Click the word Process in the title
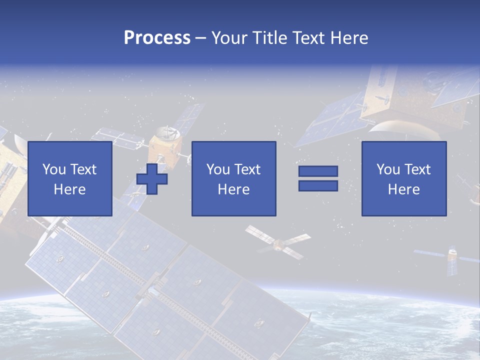(x=157, y=38)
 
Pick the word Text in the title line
(x=306, y=38)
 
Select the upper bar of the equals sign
(x=318, y=171)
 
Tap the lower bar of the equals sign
(x=318, y=185)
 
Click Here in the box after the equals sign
(x=403, y=189)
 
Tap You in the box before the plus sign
(x=54, y=169)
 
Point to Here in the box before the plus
(x=69, y=189)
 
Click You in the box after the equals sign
(x=388, y=169)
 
